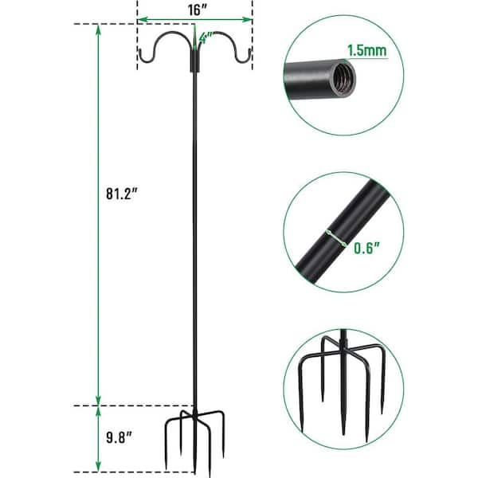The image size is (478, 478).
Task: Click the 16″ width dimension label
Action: [198, 10]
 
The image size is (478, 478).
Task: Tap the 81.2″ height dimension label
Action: [122, 194]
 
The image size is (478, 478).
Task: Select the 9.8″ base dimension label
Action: [119, 437]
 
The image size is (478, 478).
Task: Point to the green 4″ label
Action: [206, 38]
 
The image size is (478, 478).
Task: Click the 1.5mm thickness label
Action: [367, 50]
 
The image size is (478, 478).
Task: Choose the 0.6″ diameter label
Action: [367, 248]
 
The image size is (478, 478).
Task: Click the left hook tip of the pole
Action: [140, 50]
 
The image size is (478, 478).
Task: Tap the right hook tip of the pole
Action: [250, 50]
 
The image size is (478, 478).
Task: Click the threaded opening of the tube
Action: [343, 79]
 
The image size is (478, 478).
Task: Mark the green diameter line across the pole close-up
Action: [335, 237]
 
